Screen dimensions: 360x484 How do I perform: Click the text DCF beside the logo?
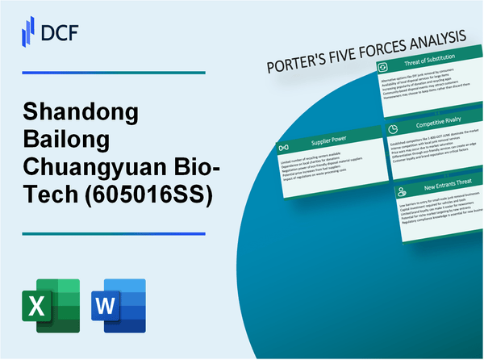[61, 31]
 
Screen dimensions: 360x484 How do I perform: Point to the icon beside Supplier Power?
[283, 149]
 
